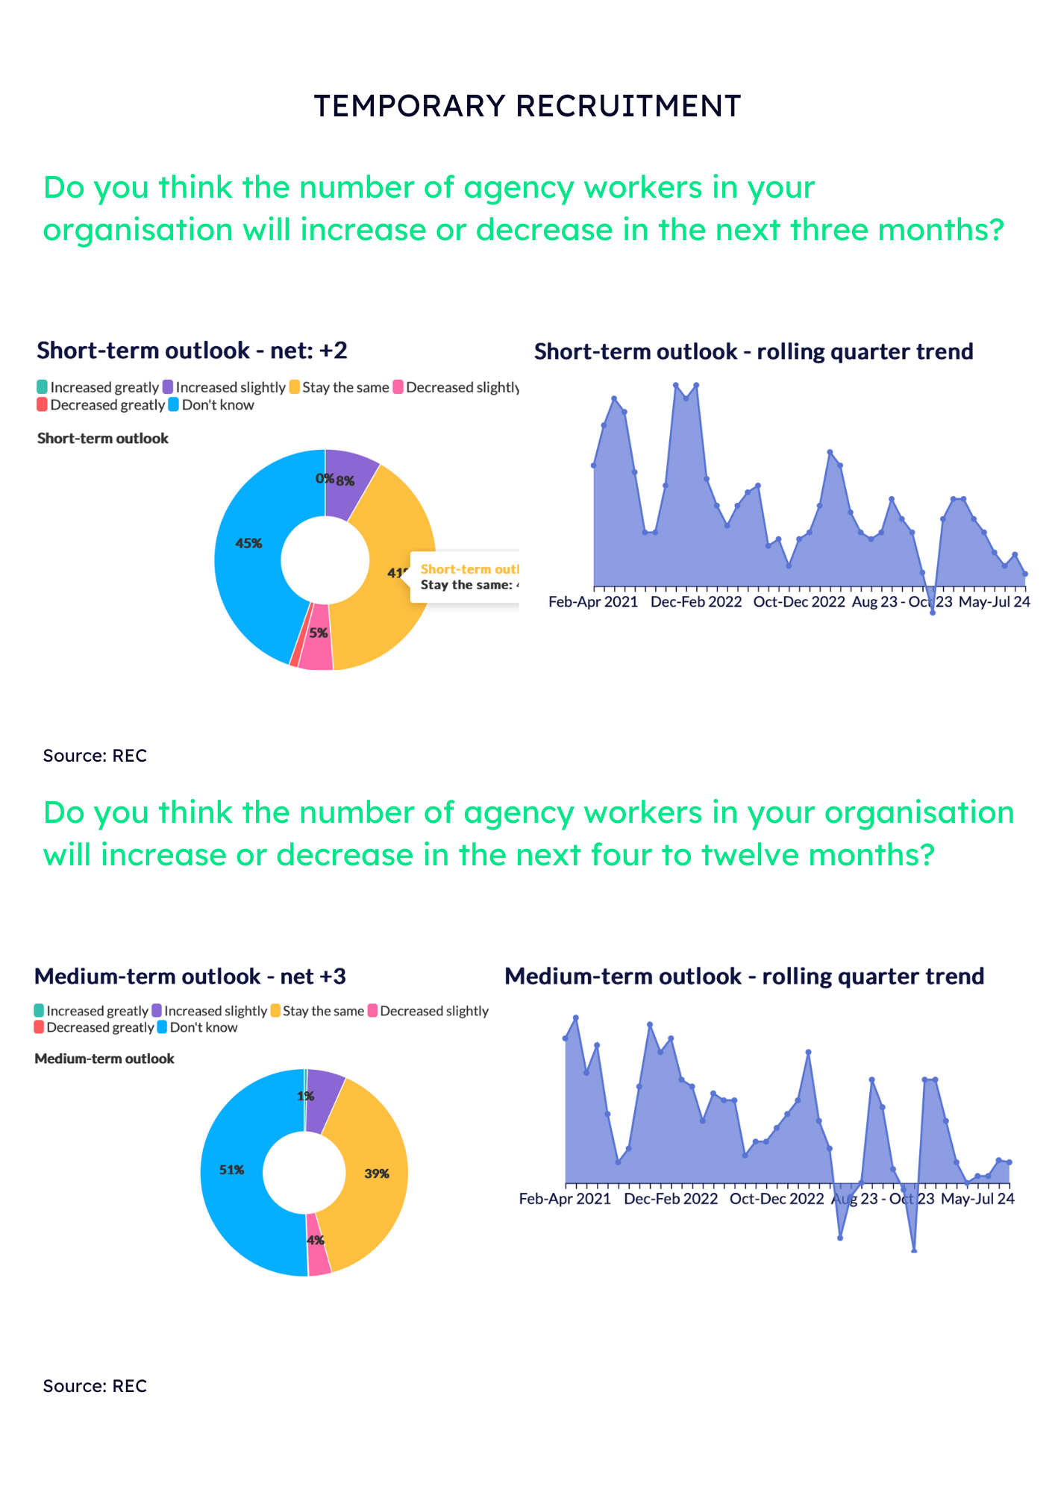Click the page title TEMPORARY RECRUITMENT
pos(527,106)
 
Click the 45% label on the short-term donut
pos(248,543)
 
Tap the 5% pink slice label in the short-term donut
pos(319,633)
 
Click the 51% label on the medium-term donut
pos(231,1170)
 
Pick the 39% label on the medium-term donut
pos(377,1173)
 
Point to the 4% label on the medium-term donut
pos(316,1240)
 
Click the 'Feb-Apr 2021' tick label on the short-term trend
pos(593,602)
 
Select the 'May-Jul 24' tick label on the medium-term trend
pos(977,1199)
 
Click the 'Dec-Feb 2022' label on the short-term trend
pos(696,602)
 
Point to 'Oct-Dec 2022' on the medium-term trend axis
pos(777,1199)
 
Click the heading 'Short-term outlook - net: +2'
pos(192,350)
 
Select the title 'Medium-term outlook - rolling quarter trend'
pos(744,976)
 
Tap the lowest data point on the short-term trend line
pos(933,612)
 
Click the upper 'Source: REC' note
pos(95,756)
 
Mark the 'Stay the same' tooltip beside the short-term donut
pos(466,577)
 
